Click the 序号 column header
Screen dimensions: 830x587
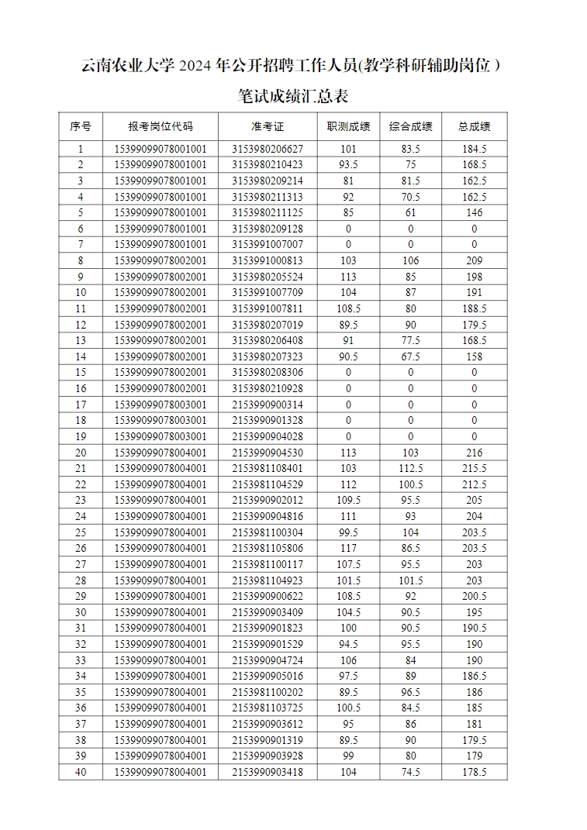click(x=81, y=126)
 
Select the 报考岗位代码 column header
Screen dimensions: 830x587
click(x=161, y=126)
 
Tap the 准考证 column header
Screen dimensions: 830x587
click(x=268, y=126)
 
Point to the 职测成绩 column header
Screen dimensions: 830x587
click(x=348, y=126)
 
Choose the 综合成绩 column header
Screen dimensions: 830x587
click(x=410, y=126)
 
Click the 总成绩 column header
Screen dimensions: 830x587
click(x=474, y=126)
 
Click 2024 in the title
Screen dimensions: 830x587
click(x=197, y=66)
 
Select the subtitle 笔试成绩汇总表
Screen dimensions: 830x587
click(x=293, y=97)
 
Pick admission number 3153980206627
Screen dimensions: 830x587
click(x=268, y=149)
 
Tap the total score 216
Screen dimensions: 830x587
click(x=474, y=453)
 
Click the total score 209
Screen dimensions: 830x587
click(x=474, y=260)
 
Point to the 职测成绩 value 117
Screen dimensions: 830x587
click(x=348, y=548)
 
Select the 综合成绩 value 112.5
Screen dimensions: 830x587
click(x=410, y=468)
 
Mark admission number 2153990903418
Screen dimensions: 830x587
click(x=268, y=772)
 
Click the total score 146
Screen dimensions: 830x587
click(x=474, y=212)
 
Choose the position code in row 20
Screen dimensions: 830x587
click(x=161, y=453)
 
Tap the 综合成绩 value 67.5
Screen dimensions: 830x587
click(x=410, y=356)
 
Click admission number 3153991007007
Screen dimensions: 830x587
click(x=268, y=244)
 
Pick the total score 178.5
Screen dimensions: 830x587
click(x=474, y=772)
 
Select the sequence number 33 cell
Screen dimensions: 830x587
click(x=81, y=660)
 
